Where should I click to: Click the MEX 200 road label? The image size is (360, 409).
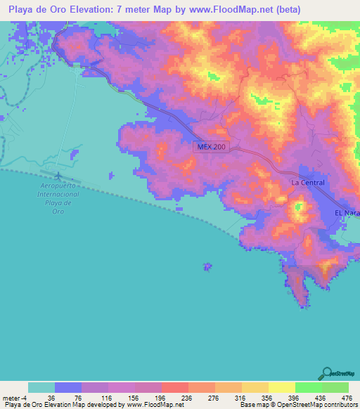coord(210,146)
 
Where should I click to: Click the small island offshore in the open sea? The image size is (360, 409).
coord(207,266)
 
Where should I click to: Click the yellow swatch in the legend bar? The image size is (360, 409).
coord(281,387)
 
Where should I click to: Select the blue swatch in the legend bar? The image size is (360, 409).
coord(68,387)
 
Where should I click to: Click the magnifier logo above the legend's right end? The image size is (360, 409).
coord(326,373)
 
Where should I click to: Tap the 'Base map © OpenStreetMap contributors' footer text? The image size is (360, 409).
coord(297,405)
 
